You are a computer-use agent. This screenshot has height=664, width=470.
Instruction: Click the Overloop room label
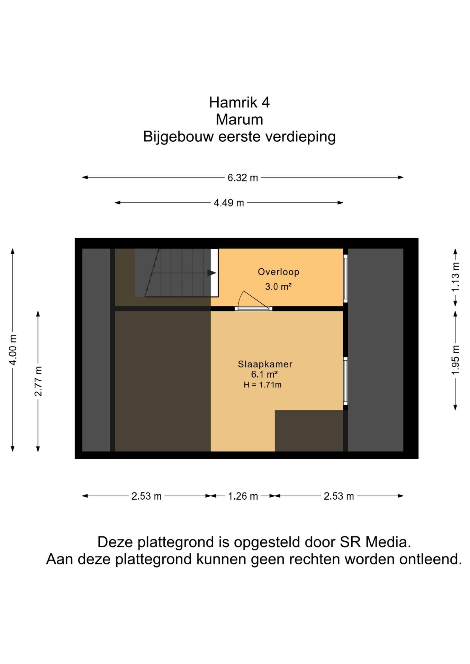[x=278, y=272]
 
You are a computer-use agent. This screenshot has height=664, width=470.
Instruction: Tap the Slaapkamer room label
[x=265, y=364]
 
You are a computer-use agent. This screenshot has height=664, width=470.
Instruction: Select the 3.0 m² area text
[x=278, y=286]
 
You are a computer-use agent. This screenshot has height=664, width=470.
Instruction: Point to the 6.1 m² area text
[x=264, y=374]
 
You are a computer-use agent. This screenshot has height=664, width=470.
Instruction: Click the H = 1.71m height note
[x=262, y=385]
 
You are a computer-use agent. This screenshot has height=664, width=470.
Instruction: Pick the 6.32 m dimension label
[x=243, y=178]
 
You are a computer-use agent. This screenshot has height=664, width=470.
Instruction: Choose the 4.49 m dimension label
[x=229, y=203]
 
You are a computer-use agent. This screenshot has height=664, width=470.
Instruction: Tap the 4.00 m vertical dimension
[x=13, y=350]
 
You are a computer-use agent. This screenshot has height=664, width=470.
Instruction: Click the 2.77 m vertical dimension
[x=38, y=381]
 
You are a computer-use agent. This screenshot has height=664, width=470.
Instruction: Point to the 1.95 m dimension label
[x=455, y=360]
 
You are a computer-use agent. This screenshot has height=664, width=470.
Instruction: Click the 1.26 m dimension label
[x=243, y=496]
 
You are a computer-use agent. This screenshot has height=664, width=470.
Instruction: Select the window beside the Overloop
[x=345, y=278]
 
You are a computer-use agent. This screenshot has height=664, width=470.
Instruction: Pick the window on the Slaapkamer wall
[x=345, y=381]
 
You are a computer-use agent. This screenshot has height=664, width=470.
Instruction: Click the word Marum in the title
[x=239, y=120]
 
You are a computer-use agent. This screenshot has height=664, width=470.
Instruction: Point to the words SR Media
[x=375, y=542]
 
